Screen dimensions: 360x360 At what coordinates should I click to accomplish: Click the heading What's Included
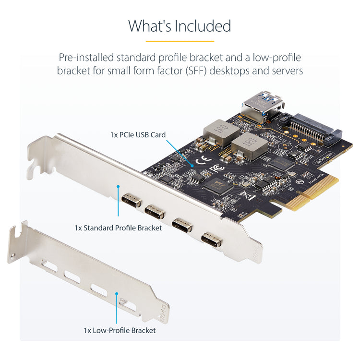180,26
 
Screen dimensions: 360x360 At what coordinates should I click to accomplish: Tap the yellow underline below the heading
180,41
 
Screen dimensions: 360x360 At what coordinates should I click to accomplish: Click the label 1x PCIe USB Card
138,135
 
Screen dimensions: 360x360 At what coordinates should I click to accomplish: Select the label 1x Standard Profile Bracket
118,228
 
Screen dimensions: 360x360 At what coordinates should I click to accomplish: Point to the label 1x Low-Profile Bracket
120,330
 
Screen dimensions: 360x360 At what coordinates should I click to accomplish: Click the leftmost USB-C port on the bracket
131,200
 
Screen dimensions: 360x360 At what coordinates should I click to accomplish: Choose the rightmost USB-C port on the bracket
212,239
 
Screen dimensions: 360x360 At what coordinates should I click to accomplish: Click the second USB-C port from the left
154,211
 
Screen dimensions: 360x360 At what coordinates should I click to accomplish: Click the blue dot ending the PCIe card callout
192,165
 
